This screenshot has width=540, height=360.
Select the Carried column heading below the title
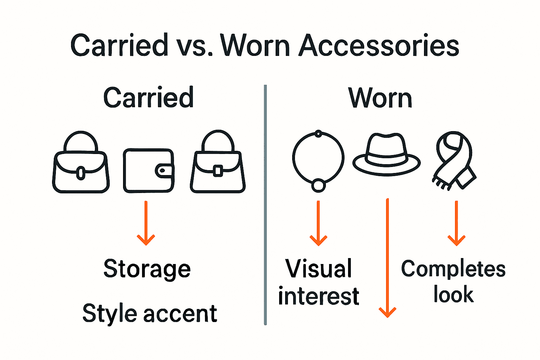pyautogui.click(x=148, y=97)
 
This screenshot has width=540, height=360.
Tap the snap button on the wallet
pyautogui.click(x=162, y=171)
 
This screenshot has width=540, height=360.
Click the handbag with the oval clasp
pyautogui.click(x=81, y=165)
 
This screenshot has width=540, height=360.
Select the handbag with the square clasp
pyautogui.click(x=218, y=165)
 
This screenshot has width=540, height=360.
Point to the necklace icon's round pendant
pyautogui.click(x=319, y=185)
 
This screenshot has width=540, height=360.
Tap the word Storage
pyautogui.click(x=147, y=269)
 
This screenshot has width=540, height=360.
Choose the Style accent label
pyautogui.click(x=150, y=313)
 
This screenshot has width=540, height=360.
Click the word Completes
pyautogui.click(x=453, y=269)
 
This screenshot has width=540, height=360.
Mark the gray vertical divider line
pyautogui.click(x=265, y=204)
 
